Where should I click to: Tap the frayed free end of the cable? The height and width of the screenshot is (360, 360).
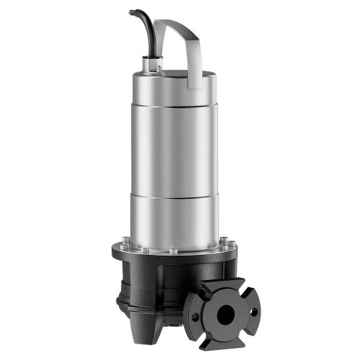pyautogui.click(x=132, y=12)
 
